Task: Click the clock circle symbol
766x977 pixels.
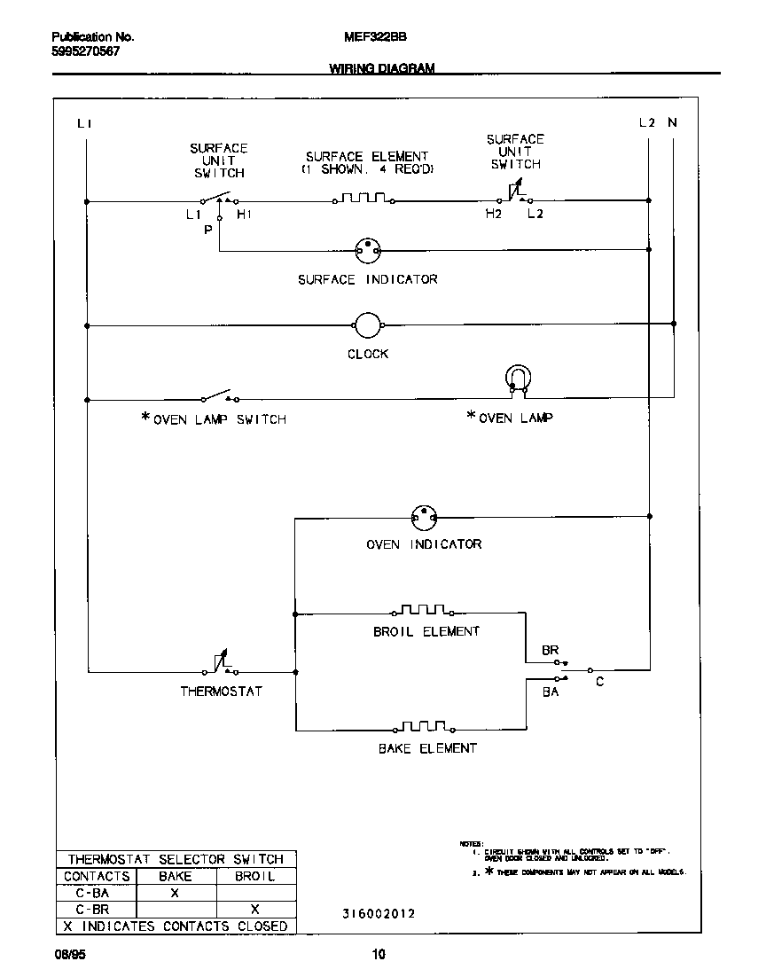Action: coord(367,325)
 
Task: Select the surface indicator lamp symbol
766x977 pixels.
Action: coord(367,251)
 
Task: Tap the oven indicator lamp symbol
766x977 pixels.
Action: coord(426,516)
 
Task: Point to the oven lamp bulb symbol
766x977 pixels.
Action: coord(517,379)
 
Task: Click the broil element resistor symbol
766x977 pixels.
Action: coord(422,611)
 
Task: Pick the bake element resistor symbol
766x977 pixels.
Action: coord(422,729)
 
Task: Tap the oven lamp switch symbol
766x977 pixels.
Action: coord(218,396)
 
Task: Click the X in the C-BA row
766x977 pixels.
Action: coord(175,894)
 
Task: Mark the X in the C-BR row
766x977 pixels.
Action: coord(254,910)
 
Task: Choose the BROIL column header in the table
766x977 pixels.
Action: coord(254,877)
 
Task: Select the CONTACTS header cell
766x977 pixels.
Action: coord(97,877)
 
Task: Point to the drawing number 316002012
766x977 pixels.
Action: coord(378,913)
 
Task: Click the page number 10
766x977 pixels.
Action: coord(379,955)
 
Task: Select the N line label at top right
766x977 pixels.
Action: coord(672,123)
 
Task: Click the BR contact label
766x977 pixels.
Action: coord(550,651)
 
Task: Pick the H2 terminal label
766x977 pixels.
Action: coord(494,215)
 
